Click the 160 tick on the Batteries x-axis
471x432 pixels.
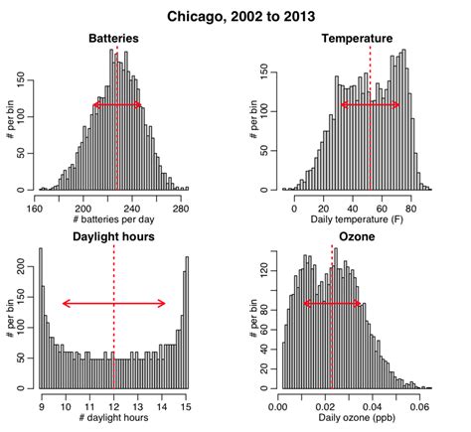(36, 206)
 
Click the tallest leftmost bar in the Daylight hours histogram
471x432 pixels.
(41, 318)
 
